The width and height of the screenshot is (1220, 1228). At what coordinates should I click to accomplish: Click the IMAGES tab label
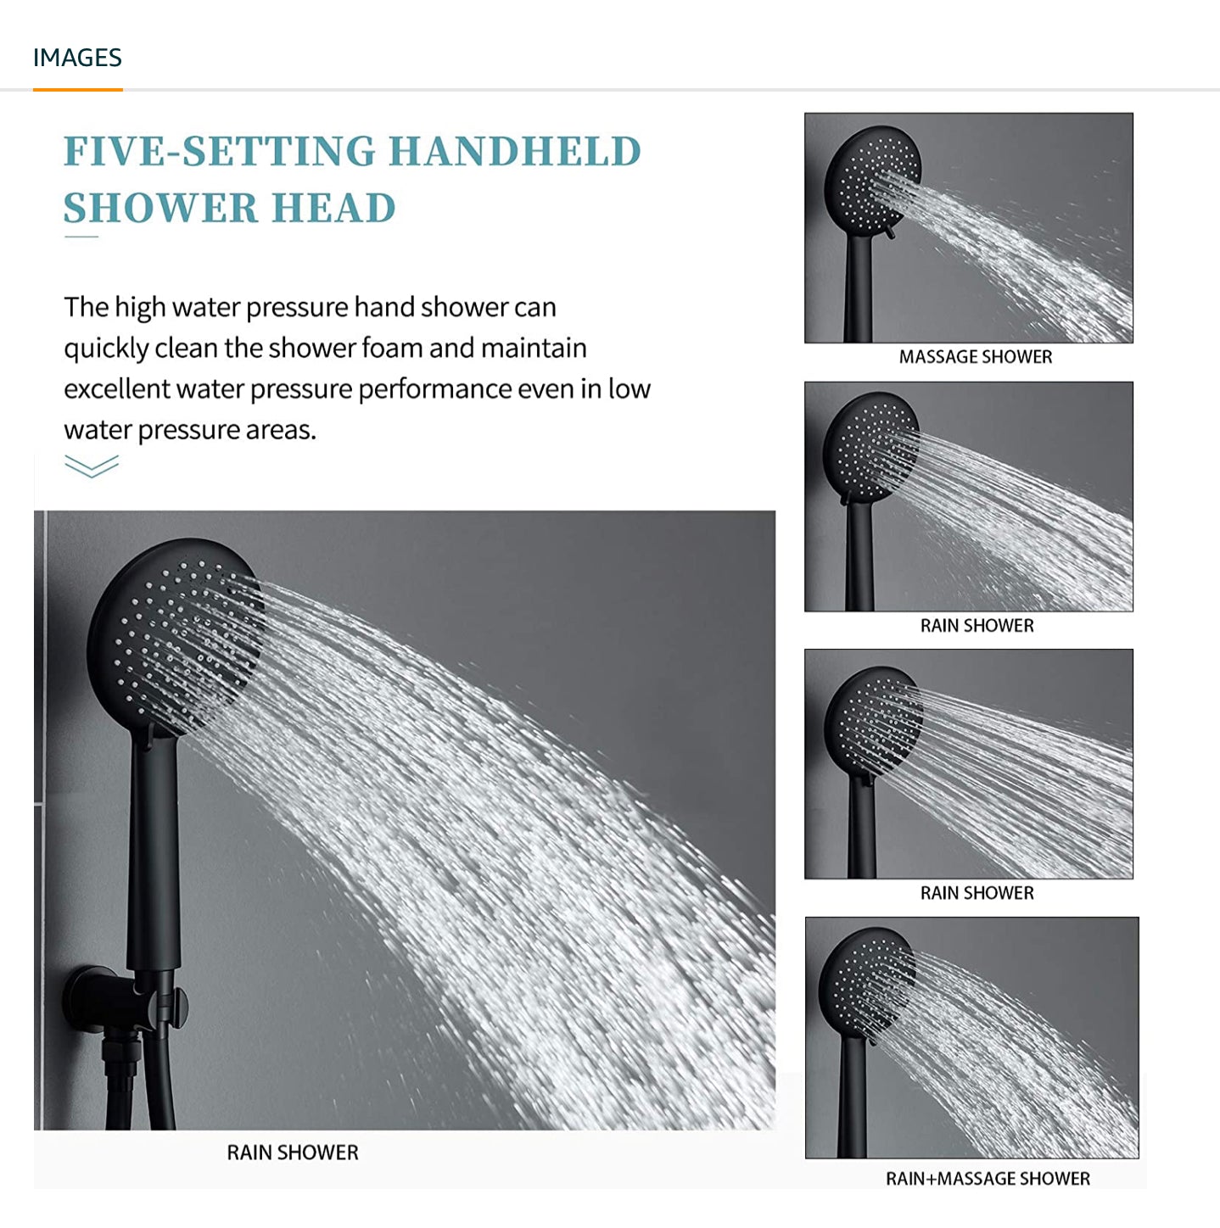(x=77, y=58)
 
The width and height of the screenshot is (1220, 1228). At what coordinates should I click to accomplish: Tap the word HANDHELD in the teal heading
(x=515, y=151)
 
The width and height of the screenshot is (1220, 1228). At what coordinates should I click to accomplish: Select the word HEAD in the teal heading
(x=333, y=208)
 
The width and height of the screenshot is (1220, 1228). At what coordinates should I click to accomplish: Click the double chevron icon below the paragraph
(x=91, y=466)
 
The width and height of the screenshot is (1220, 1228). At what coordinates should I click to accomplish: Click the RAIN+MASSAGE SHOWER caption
(x=988, y=1178)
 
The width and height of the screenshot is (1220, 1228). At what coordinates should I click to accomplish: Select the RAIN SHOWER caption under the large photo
(x=293, y=1153)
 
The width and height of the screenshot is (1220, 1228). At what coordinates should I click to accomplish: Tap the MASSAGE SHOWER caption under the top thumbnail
(x=975, y=356)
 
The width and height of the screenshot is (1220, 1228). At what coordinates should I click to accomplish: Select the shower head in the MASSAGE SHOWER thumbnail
(x=872, y=181)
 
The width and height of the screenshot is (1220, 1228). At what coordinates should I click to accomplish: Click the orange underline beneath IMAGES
(x=78, y=90)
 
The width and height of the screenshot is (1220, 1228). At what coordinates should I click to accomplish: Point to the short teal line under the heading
(x=81, y=237)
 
